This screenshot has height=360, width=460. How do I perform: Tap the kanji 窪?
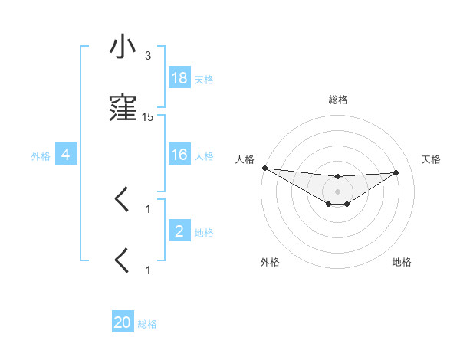pyautogui.click(x=122, y=109)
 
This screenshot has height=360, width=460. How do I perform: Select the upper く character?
pyautogui.click(x=122, y=200)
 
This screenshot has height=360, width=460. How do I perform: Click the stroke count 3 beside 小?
pyautogui.click(x=148, y=56)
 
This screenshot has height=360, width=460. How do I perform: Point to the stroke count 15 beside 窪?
pyautogui.click(x=148, y=117)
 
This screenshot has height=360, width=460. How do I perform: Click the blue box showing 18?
pyautogui.click(x=179, y=78)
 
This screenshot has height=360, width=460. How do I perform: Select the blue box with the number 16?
pyautogui.click(x=179, y=155)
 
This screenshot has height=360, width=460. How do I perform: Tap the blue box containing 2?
pyautogui.click(x=179, y=231)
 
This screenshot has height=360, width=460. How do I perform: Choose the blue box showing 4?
pyautogui.click(x=66, y=155)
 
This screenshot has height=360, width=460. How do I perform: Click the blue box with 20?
pyautogui.click(x=123, y=323)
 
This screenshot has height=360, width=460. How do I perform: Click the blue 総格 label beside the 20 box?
pyautogui.click(x=147, y=324)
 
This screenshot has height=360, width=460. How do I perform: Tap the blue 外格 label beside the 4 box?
pyautogui.click(x=41, y=155)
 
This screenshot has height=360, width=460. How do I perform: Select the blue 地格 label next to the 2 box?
pyautogui.click(x=204, y=232)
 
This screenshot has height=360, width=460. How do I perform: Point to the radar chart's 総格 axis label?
pyautogui.click(x=338, y=100)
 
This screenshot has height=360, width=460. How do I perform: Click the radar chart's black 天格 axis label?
pyautogui.click(x=431, y=159)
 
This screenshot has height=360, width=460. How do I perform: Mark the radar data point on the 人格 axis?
pyautogui.click(x=264, y=168)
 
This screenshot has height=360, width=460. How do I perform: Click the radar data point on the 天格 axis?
pyautogui.click(x=396, y=172)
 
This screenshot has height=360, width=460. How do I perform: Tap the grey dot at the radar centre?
pyautogui.click(x=338, y=191)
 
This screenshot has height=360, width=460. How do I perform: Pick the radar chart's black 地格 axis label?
pyautogui.click(x=402, y=262)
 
